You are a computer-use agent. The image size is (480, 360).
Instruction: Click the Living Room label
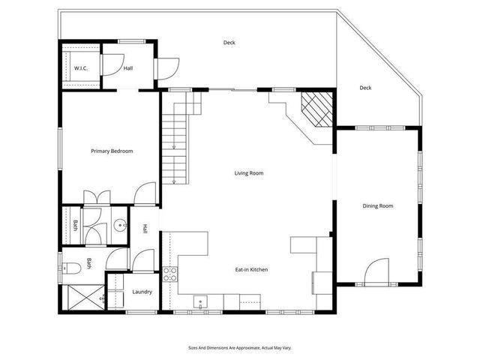tap(249, 173)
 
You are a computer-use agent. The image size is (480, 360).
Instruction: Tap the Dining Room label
tap(377, 205)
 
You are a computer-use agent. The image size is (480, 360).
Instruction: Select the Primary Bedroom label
tap(112, 151)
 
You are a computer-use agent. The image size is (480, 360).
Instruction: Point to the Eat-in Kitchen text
tap(251, 269)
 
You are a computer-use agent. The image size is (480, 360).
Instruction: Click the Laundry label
tap(142, 292)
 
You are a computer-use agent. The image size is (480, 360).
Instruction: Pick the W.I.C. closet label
tap(81, 69)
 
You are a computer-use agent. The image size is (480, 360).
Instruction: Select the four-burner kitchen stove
tap(169, 273)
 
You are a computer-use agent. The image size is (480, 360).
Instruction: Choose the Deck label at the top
tap(229, 43)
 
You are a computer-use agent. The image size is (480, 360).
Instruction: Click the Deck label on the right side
tap(365, 88)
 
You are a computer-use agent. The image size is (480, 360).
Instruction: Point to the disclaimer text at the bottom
tap(240, 348)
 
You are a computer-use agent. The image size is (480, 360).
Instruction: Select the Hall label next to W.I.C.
tap(128, 69)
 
